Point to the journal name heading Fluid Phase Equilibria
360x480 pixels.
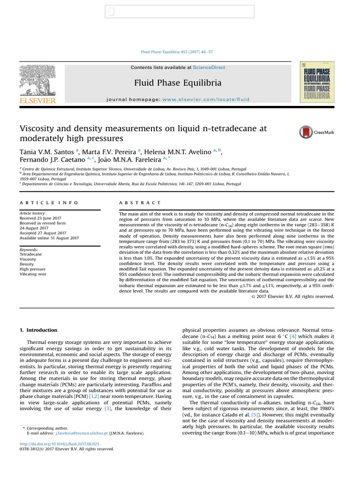[x=178, y=83]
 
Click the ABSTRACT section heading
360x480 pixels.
[x=140, y=202]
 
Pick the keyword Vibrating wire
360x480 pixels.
[x=33, y=274]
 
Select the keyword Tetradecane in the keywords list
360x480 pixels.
[x=30, y=254]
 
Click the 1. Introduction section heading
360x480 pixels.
[x=38, y=330]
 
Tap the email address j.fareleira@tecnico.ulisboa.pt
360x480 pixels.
[x=82, y=434]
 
